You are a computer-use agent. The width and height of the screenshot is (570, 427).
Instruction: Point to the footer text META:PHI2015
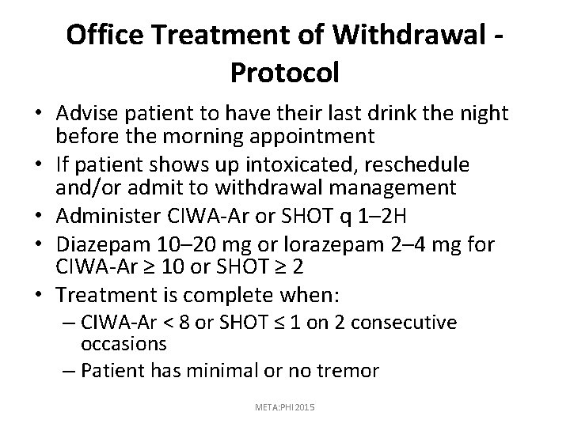284,406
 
